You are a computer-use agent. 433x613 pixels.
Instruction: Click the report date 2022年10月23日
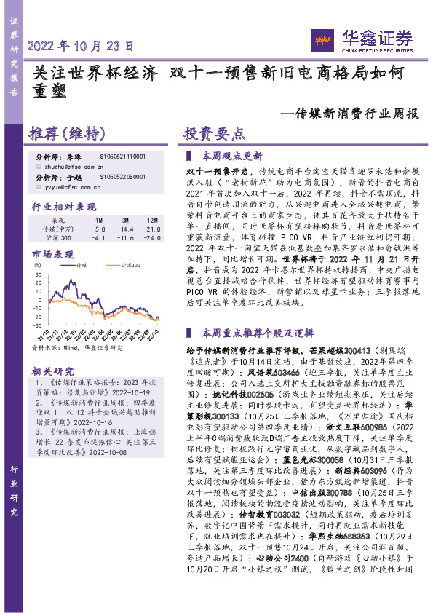(x=81, y=45)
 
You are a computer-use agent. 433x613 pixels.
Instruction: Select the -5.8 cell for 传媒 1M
(x=98, y=229)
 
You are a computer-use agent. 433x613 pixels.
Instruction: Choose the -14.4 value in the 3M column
(x=126, y=229)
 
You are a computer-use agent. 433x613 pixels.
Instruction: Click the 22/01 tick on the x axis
(x=74, y=336)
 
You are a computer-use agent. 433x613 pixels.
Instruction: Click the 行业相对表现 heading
(x=64, y=207)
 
